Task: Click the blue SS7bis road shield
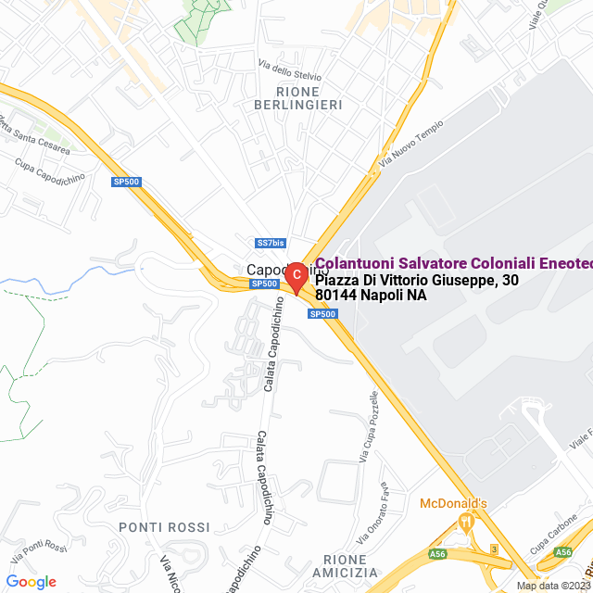coord(271,243)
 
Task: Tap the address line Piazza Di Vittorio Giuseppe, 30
coord(417,280)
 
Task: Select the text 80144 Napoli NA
coord(371,296)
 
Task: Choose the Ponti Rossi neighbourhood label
coord(164,527)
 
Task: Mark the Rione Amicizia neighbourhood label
coord(351,566)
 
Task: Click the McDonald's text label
coord(453,503)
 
